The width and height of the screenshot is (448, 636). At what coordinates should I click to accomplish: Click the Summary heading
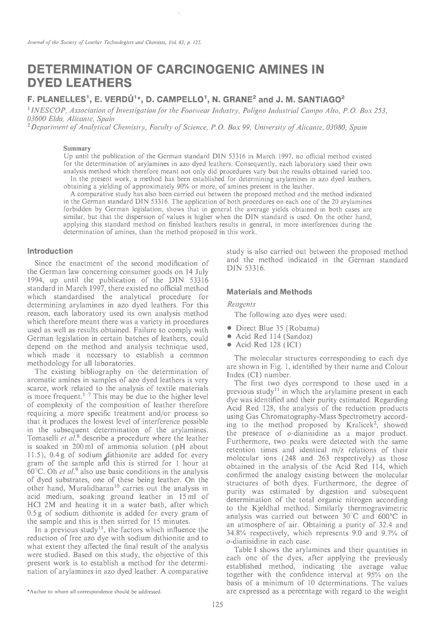[77, 148]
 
